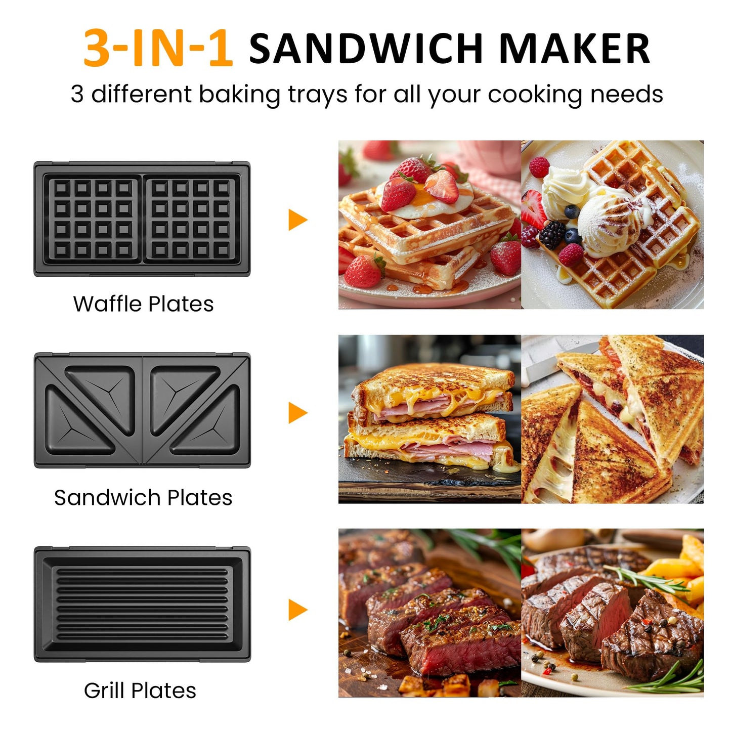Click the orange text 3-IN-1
coord(158,49)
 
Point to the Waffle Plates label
coord(143,304)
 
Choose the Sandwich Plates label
coord(143,498)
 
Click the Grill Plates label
coord(140,691)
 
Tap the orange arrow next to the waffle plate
coord(297,220)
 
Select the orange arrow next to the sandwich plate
coord(297,413)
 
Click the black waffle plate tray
coord(142,219)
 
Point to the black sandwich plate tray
coord(142,410)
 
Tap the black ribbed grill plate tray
coord(142,604)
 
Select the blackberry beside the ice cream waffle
coord(552,234)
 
